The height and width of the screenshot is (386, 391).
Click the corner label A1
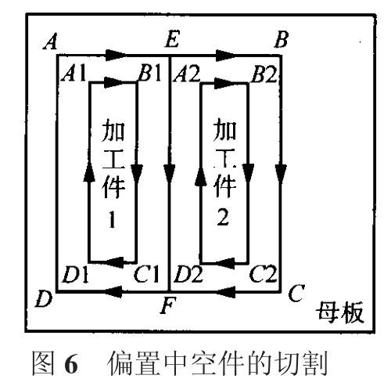74,73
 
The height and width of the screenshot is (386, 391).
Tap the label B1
150,73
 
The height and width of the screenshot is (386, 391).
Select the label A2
187,74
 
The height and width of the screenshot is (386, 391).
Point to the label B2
264,74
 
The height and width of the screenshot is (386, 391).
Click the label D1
75,275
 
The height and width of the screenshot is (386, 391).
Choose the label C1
146,274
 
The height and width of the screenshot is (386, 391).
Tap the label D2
188,274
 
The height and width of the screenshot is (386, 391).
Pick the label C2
263,274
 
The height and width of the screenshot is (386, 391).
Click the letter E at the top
172,39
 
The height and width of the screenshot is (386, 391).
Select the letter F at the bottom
168,305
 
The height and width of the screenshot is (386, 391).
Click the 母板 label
339,312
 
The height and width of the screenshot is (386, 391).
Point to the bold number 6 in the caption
71,364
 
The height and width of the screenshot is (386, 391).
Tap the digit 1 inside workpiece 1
112,219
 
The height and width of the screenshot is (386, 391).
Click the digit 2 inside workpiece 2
223,218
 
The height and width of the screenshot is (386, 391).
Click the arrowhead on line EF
170,173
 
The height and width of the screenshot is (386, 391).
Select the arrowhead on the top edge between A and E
116,56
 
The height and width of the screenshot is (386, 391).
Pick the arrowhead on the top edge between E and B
226,56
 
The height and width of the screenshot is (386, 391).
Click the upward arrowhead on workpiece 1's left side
89,171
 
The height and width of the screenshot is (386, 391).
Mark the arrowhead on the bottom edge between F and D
113,291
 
